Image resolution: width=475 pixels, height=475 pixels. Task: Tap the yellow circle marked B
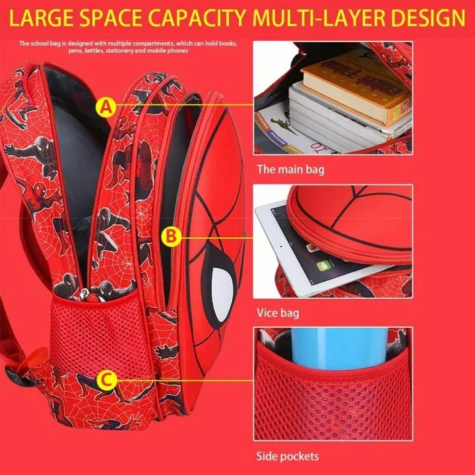click(x=172, y=234)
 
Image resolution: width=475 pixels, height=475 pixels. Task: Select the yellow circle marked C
click(x=106, y=379)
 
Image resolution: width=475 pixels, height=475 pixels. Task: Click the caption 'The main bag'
click(x=290, y=170)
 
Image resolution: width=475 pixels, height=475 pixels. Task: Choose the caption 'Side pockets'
click(x=288, y=456)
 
